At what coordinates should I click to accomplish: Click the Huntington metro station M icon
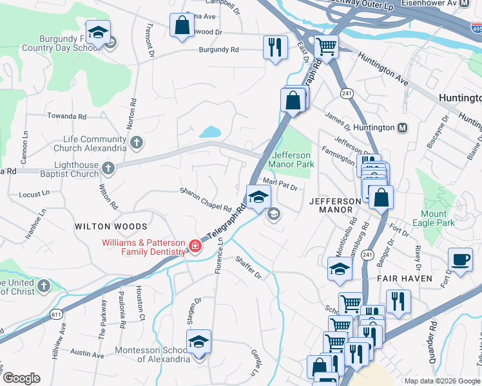pos(402,127)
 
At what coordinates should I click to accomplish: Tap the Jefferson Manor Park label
pos(293,160)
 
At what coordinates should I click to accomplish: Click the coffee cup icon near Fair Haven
pos(459,259)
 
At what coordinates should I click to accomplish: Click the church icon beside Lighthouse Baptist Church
pos(108,169)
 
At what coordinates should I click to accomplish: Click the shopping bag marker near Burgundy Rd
pos(182,26)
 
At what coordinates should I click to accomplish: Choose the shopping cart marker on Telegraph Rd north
pos(327,46)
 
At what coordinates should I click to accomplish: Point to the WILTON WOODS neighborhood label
pos(111,226)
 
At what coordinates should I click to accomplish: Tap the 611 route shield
pos(57,313)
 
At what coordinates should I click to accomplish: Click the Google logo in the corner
pos(21,378)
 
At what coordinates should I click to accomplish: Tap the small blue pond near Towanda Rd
pos(211,132)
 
